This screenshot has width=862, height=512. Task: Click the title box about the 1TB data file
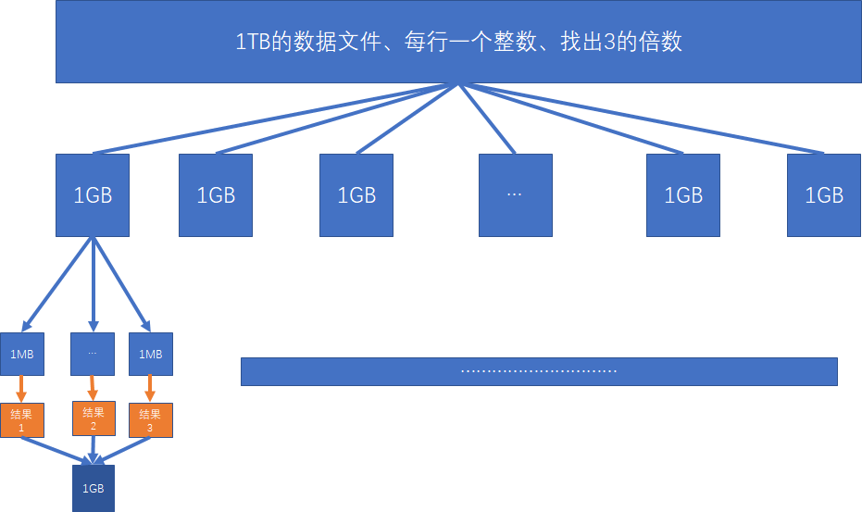point(459,42)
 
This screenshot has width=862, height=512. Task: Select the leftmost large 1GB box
point(93,194)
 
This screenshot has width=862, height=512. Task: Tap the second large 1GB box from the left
point(216,194)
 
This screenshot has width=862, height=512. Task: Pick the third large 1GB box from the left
point(356,194)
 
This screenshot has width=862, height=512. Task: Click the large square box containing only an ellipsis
point(516,194)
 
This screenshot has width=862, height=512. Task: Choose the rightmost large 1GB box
point(824,194)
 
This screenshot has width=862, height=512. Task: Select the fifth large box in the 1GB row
point(683,194)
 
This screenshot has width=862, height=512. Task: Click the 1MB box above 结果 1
point(22,354)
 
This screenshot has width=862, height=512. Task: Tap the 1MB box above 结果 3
point(150,354)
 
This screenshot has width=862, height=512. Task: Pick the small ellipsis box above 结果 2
point(93,354)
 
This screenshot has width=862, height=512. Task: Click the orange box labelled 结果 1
point(22,420)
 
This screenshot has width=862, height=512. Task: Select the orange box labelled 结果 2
point(94,418)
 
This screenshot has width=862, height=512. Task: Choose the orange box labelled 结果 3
point(150,420)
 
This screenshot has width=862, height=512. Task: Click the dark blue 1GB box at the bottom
point(94,488)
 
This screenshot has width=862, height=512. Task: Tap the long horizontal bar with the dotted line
point(539,371)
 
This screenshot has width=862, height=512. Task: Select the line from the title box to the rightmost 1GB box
point(639,119)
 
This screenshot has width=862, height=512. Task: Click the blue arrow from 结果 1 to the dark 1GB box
point(56,449)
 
